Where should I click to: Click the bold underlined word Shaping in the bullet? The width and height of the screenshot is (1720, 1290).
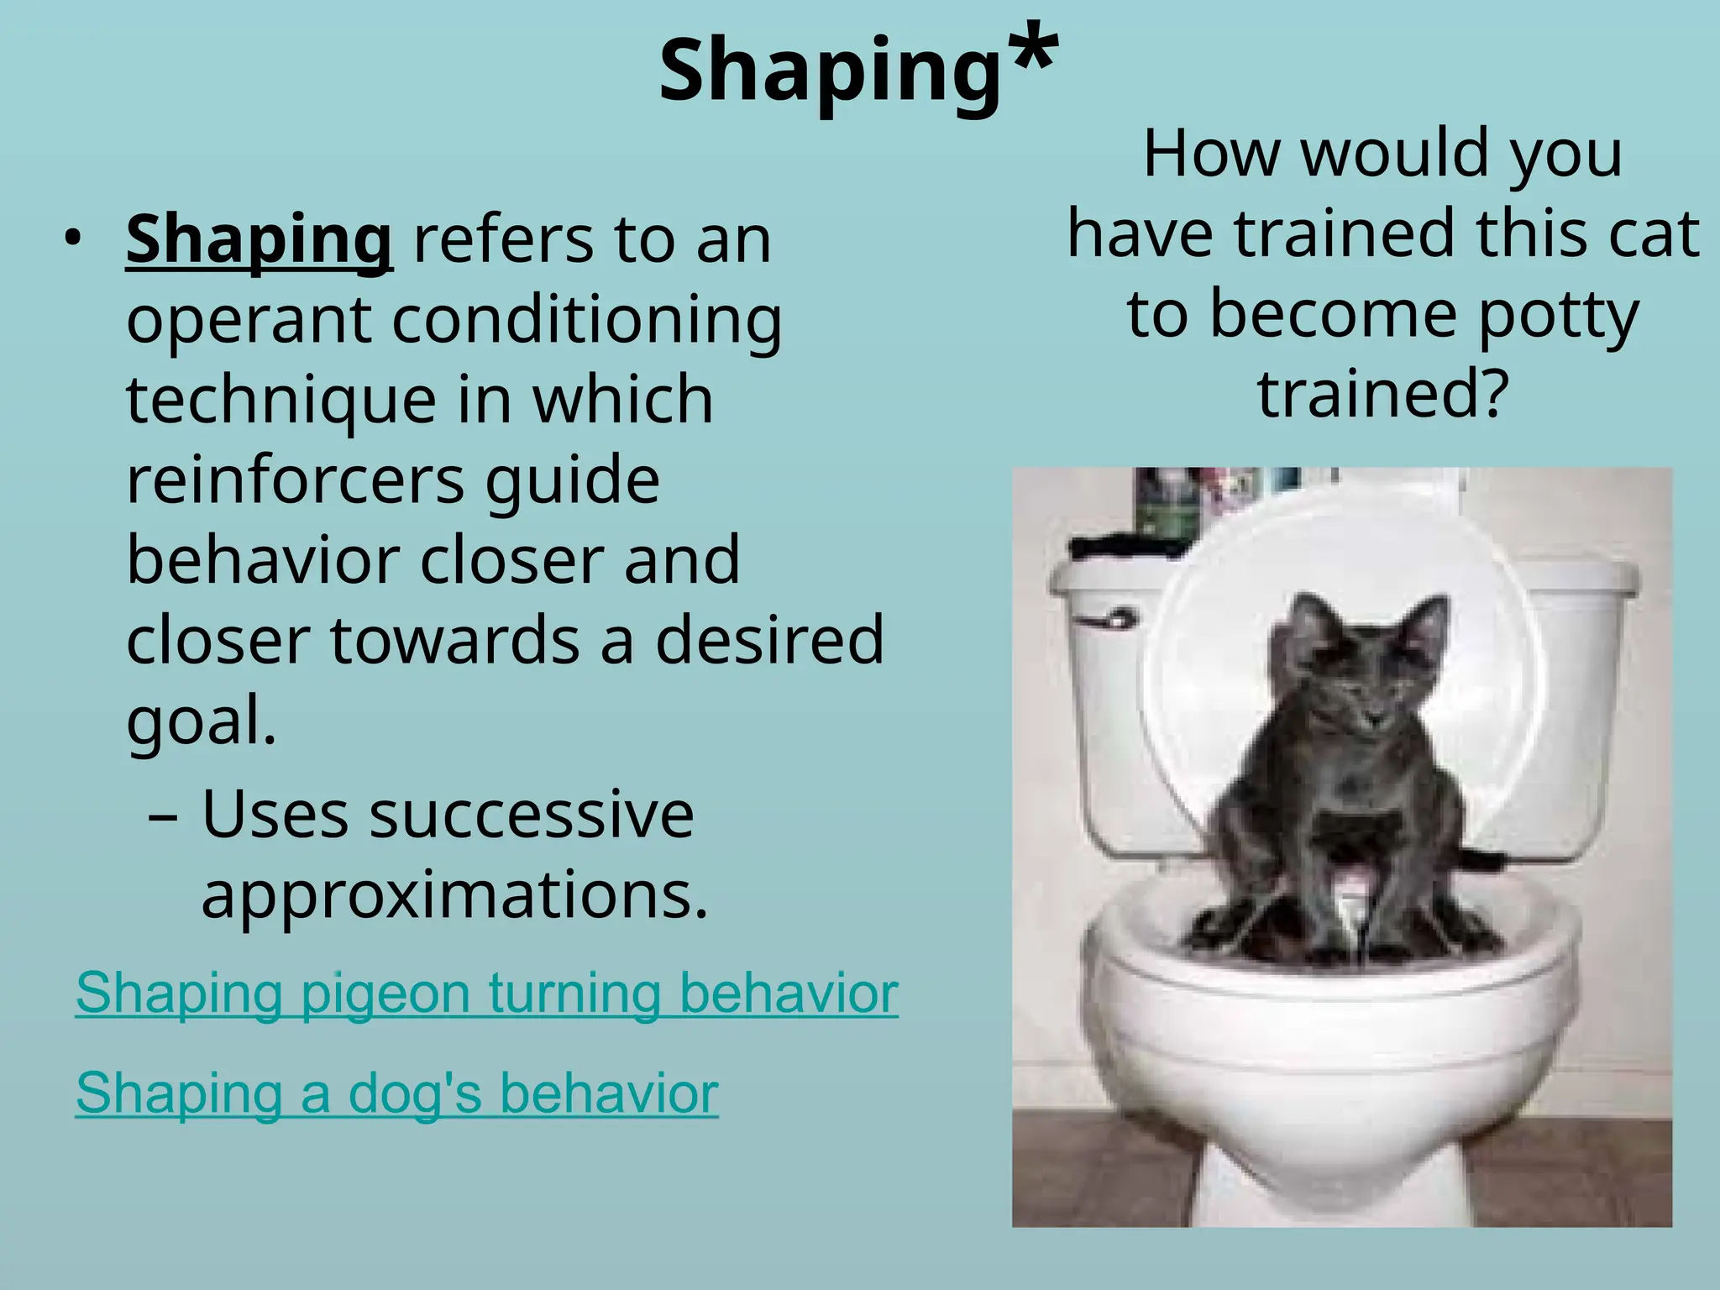pos(259,240)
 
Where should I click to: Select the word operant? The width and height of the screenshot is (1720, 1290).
pos(249,321)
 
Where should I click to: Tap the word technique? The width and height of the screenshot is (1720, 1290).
pos(281,401)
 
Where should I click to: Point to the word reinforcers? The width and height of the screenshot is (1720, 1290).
pos(294,480)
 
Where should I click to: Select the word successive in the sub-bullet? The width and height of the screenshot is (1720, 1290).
pos(531,815)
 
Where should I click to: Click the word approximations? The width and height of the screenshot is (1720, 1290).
pos(454,895)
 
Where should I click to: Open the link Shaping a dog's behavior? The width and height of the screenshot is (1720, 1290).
pos(396,1093)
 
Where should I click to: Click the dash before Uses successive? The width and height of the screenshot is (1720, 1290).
pos(162,816)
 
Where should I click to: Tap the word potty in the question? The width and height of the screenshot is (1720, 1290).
pos(1558,315)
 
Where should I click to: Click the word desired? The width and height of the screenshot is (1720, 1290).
pos(769,640)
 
